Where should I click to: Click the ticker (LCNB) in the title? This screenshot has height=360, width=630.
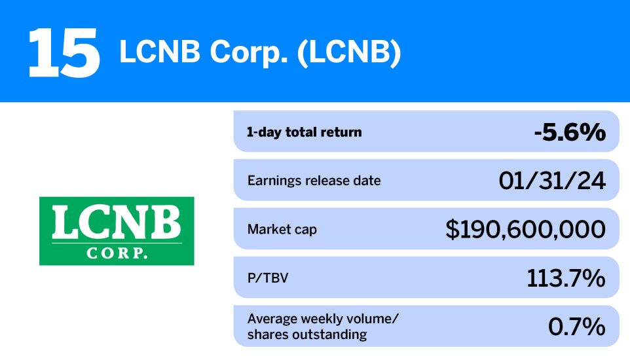click(x=349, y=54)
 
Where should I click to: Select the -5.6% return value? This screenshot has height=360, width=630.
click(x=568, y=132)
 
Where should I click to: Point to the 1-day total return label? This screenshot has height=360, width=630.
click(x=304, y=132)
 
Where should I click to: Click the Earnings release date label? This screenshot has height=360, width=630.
click(x=314, y=180)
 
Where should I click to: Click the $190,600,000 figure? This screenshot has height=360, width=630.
click(x=525, y=229)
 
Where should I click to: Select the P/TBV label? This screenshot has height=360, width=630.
click(x=268, y=278)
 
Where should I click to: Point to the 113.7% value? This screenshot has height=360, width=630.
click(x=566, y=278)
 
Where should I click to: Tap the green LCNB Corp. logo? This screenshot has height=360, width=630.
click(x=117, y=230)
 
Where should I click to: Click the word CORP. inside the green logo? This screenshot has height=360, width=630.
click(x=117, y=252)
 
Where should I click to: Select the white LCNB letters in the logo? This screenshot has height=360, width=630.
click(x=117, y=224)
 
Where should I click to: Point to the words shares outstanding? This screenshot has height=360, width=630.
click(x=307, y=334)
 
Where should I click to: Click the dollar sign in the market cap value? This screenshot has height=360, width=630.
click(x=453, y=229)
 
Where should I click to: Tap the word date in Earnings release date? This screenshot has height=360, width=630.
click(x=367, y=180)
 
